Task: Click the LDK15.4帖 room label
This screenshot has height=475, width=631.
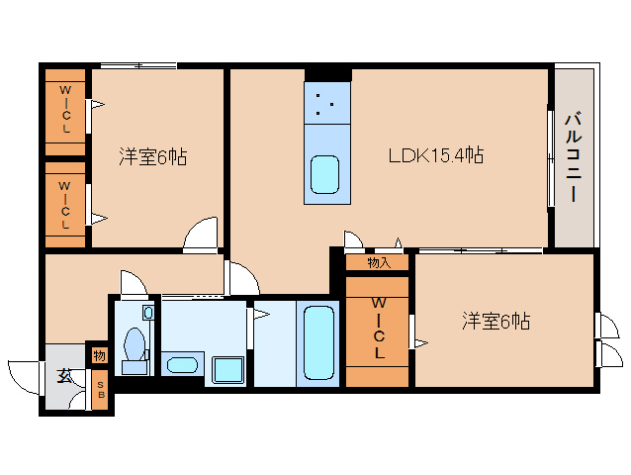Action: (436, 155)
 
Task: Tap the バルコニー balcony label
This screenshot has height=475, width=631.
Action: (574, 157)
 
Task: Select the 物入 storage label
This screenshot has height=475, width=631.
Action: (379, 263)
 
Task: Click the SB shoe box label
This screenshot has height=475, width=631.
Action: (101, 390)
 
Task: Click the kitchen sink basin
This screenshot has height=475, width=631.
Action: (324, 174)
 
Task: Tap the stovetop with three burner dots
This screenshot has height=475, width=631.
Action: (326, 103)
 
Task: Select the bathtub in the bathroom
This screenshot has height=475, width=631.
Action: (318, 343)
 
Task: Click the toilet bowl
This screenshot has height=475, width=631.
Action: (135, 344)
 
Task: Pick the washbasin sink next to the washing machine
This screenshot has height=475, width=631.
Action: (182, 365)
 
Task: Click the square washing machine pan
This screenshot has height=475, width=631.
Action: (228, 369)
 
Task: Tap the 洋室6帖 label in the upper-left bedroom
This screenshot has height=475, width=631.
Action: (153, 157)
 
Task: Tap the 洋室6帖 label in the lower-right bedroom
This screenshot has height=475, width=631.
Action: (496, 322)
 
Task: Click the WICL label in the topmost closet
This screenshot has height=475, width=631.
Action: (65, 109)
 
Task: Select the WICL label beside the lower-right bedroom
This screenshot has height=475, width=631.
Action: (378, 329)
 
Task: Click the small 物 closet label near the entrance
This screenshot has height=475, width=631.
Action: (99, 356)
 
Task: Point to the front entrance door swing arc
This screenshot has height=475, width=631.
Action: (16, 382)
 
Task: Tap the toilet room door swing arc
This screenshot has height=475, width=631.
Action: (139, 276)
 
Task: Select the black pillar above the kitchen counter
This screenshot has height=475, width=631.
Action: (328, 75)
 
